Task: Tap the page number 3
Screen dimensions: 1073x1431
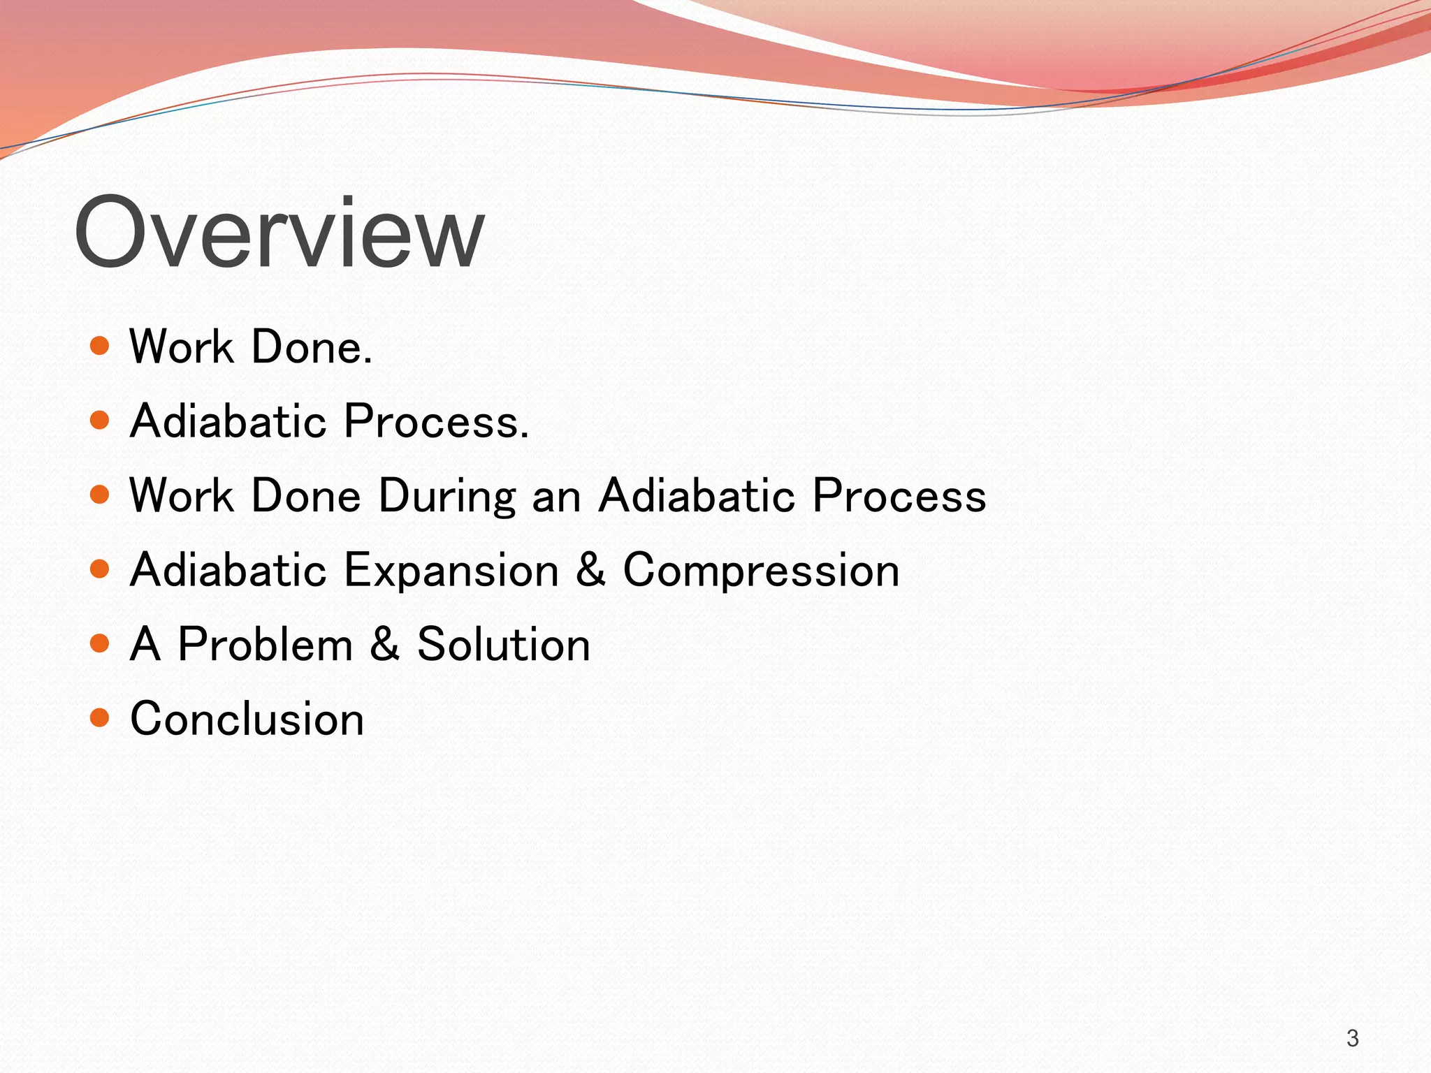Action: [x=1352, y=1038]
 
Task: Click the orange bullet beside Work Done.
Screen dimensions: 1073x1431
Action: [x=100, y=346]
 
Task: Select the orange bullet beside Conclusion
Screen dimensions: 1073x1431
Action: [x=100, y=717]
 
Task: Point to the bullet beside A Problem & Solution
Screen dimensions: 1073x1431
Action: [x=100, y=643]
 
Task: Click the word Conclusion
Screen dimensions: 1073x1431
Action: [x=247, y=719]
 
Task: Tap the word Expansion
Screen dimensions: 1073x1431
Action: [x=451, y=570]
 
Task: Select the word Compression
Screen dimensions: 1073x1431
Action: [x=760, y=571]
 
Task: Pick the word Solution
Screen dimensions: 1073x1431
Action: [x=503, y=644]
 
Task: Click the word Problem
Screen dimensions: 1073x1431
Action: [x=265, y=644]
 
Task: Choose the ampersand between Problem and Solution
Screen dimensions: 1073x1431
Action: [x=385, y=644]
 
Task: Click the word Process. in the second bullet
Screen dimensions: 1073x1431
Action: [x=437, y=422]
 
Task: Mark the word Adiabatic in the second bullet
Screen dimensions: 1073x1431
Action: [x=228, y=421]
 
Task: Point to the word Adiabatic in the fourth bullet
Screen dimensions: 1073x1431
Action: [x=228, y=570]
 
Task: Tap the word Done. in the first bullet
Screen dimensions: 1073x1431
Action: [x=312, y=347]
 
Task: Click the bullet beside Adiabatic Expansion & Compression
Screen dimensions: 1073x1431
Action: [x=100, y=569]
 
